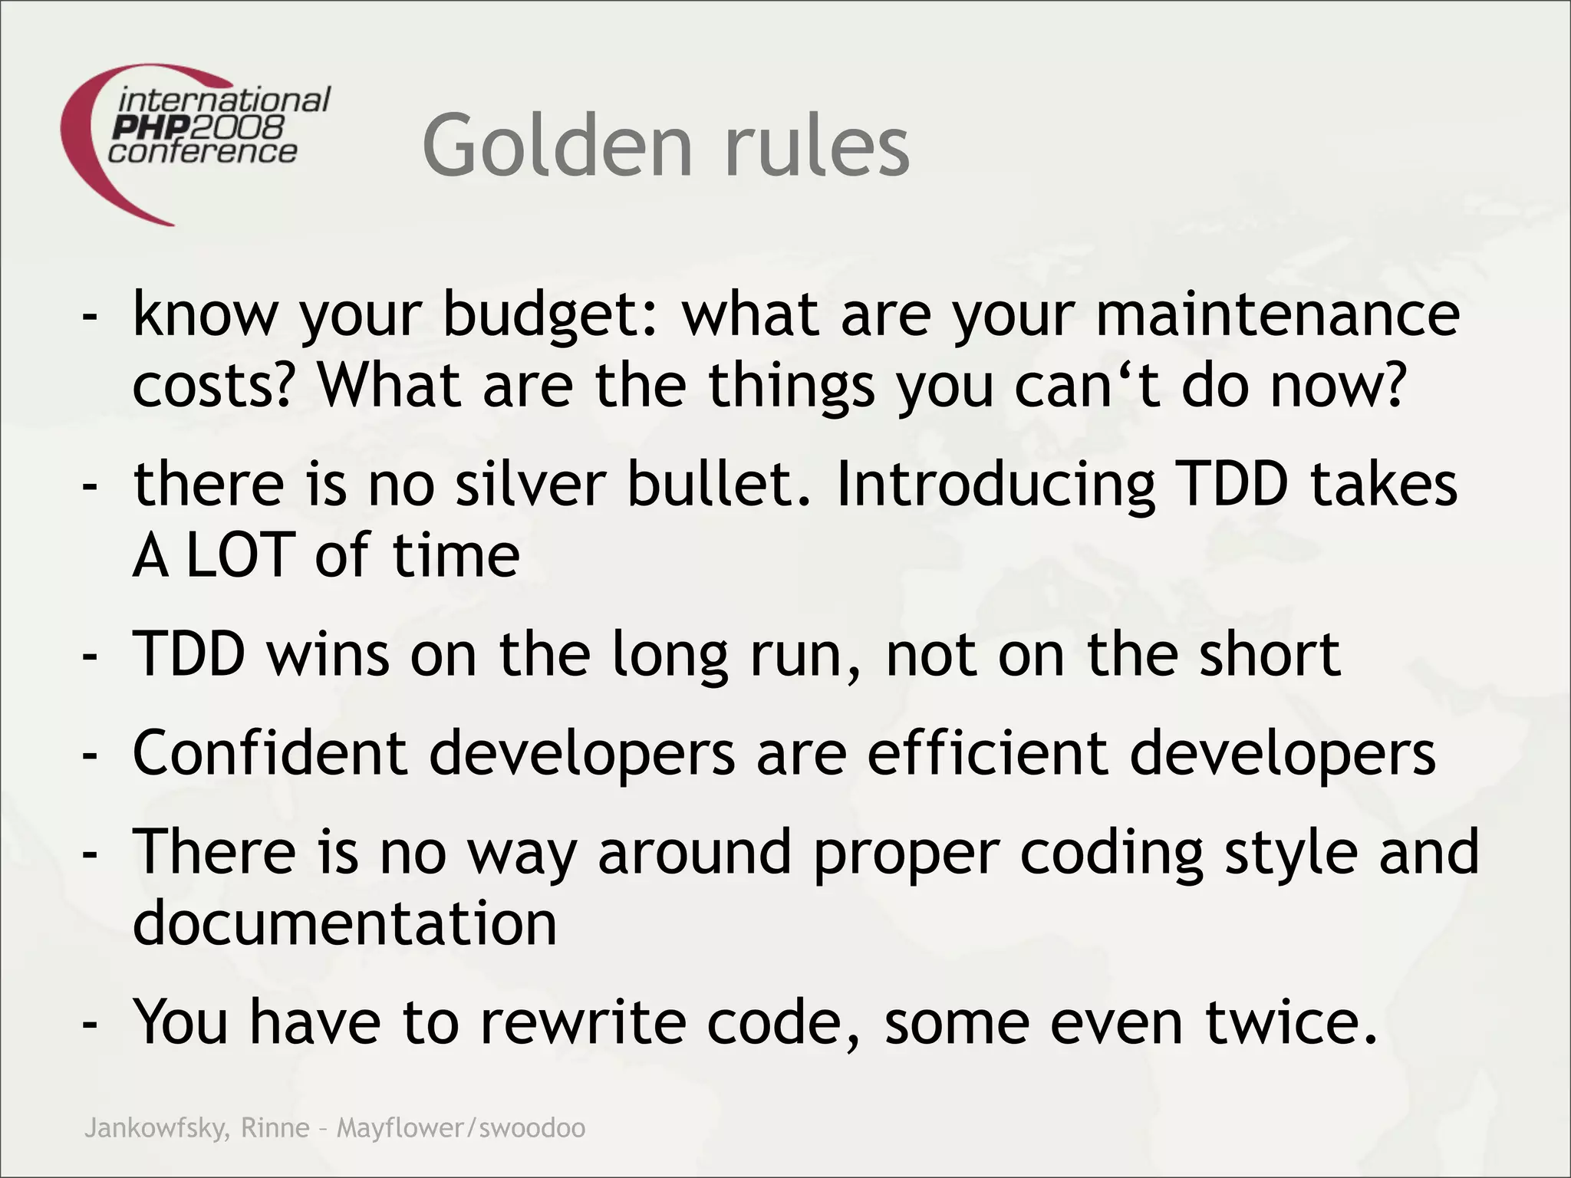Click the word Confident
[269, 753]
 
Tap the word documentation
[344, 923]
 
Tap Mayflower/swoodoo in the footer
[461, 1128]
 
